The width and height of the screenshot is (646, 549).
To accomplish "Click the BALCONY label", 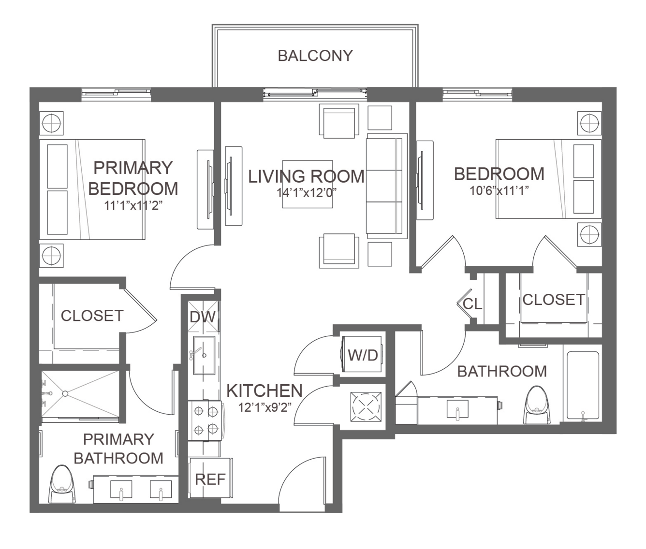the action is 315,56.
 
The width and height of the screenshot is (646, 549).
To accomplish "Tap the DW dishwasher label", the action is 203,317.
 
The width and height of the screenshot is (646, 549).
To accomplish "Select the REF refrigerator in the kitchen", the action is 211,478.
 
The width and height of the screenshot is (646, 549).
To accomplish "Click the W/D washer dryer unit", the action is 362,354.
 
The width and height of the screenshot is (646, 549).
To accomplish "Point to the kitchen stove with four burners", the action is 206,420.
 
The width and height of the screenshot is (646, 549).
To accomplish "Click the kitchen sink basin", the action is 204,355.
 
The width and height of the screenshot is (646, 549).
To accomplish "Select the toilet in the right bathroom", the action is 537,405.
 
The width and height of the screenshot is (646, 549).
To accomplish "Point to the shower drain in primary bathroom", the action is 65,394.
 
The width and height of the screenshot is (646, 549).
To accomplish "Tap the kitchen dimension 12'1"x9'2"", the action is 264,407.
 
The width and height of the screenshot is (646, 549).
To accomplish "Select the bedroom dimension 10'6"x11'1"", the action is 499,190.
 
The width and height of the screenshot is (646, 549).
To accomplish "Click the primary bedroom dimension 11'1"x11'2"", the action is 133,205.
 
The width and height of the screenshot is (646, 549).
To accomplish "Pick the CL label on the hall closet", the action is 472,304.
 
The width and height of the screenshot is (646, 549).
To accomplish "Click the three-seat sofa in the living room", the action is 387,186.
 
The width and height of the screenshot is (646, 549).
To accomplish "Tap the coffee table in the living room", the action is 308,184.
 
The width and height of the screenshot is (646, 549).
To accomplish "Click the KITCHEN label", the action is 264,390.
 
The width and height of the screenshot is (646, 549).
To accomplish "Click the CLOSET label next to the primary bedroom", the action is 92,316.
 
